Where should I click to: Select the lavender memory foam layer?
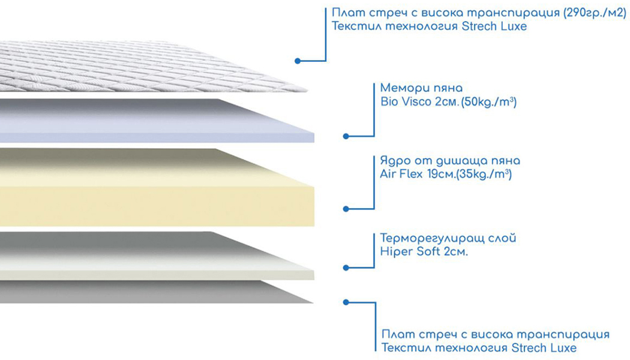(157, 121)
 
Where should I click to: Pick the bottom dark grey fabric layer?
(157, 292)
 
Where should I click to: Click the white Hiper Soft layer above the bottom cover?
(157, 256)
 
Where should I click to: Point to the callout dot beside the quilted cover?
(298, 61)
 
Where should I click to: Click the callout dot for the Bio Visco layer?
(346, 137)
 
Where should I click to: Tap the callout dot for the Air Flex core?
(346, 209)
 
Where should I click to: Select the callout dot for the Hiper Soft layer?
(346, 268)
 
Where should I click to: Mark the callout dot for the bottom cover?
(346, 302)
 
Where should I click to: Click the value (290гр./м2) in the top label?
(595, 13)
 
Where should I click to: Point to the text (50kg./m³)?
(488, 101)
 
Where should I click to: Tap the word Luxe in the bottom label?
(564, 348)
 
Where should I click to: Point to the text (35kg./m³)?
(484, 175)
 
